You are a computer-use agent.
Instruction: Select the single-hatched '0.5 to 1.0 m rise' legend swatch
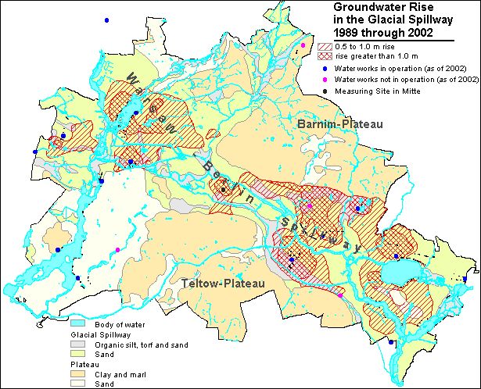tap(325, 47)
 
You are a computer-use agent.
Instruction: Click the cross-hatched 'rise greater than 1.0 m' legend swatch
tap(325, 57)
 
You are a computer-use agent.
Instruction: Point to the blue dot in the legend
tap(325, 69)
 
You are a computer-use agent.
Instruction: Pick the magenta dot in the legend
tap(325, 80)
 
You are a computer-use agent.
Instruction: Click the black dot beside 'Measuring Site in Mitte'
tap(325, 91)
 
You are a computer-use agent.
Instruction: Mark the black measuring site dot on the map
tap(223, 189)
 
